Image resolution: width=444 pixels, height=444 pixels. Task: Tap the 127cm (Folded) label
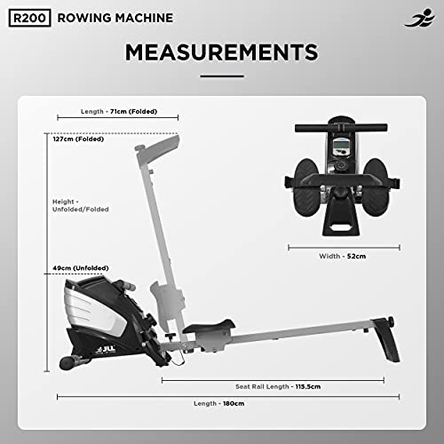[76, 139]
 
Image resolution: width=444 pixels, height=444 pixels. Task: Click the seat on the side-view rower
[210, 328]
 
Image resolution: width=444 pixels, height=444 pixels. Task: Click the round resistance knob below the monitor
[340, 191]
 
